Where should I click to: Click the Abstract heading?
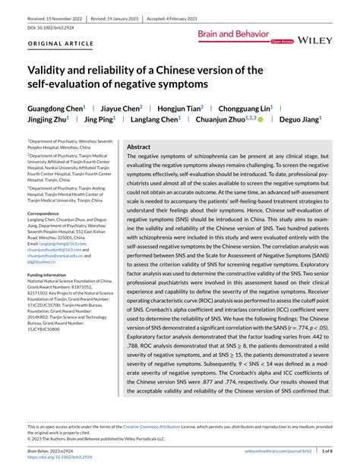click(x=139, y=147)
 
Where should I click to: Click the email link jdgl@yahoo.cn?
click(x=43, y=262)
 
